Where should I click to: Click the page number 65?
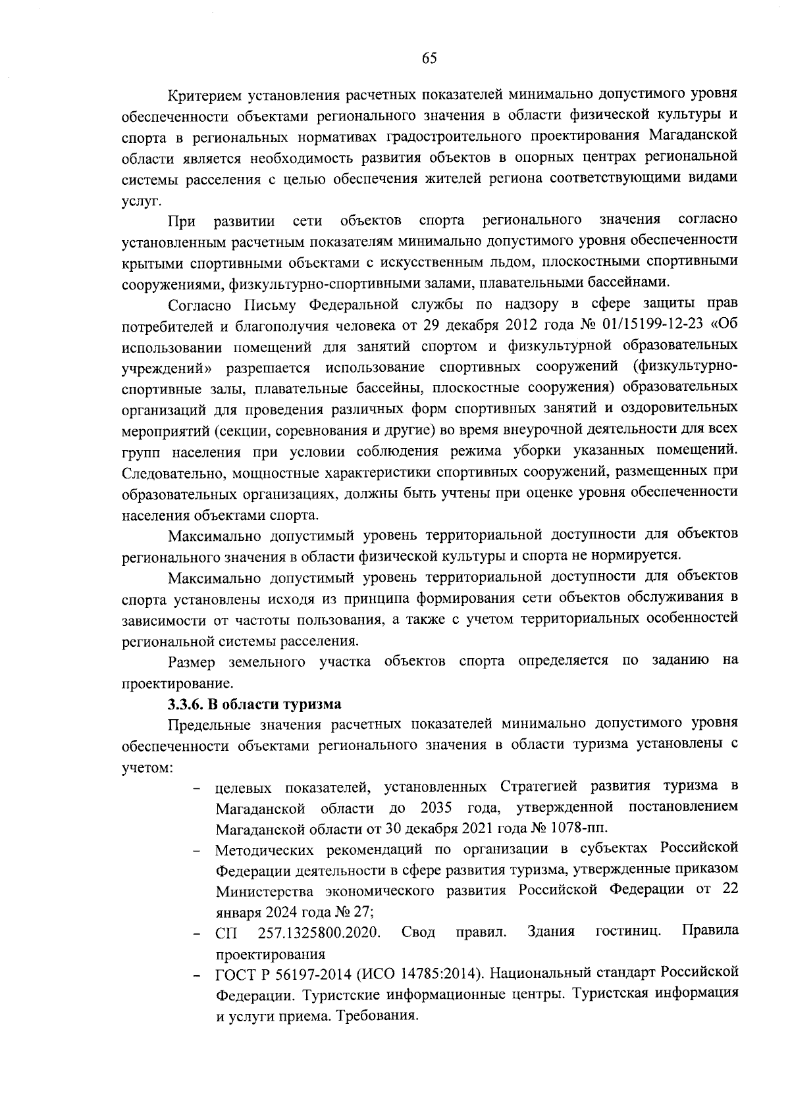pyautogui.click(x=429, y=59)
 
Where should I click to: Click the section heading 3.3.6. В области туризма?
pyautogui.click(x=254, y=704)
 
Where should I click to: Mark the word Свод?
pyautogui.click(x=418, y=932)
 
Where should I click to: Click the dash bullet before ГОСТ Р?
pyautogui.click(x=196, y=973)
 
